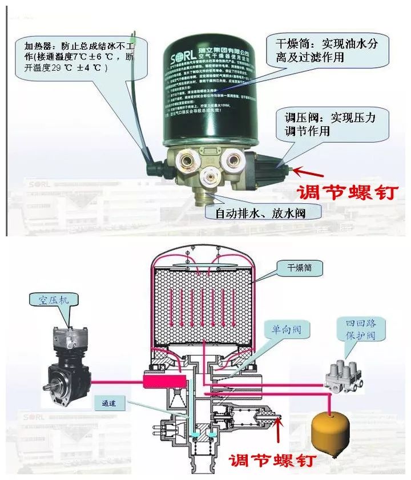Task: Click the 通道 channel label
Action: click(122, 402)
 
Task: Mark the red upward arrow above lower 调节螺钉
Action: click(279, 431)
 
